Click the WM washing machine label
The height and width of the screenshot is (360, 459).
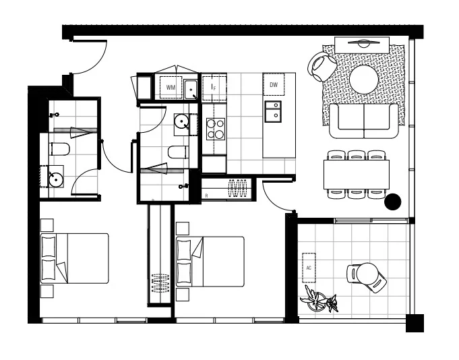click(x=171, y=88)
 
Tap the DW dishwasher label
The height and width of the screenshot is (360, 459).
click(x=274, y=84)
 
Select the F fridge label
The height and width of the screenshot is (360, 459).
click(x=214, y=88)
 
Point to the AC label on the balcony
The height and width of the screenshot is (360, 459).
click(x=309, y=268)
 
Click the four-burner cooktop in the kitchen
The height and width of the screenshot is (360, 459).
click(x=215, y=128)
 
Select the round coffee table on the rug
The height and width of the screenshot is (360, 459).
click(x=365, y=79)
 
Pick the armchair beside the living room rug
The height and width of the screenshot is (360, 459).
click(x=323, y=65)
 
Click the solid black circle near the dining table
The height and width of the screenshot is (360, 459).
click(x=392, y=201)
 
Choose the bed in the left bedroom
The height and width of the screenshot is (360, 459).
click(x=74, y=258)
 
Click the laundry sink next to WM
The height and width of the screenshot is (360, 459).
click(x=191, y=89)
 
